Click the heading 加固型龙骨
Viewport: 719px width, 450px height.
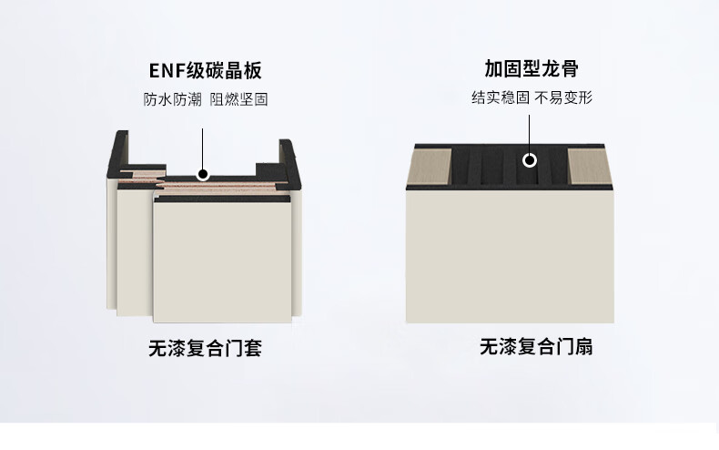(x=532, y=69)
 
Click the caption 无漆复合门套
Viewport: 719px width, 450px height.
(x=205, y=348)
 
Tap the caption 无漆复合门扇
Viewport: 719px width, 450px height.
(x=536, y=347)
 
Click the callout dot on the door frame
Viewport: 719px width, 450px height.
(x=203, y=173)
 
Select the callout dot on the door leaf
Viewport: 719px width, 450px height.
(x=530, y=161)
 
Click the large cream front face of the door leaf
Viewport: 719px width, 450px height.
(x=510, y=255)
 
